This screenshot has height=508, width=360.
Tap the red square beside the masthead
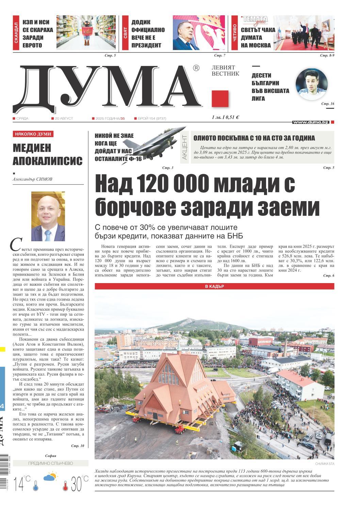[x=220, y=99]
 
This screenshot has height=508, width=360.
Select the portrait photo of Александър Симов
[x=48, y=216]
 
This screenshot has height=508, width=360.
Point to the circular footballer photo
[x=311, y=84]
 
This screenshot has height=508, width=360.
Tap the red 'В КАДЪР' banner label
[x=214, y=286]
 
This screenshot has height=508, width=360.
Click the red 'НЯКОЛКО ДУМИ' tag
[x=33, y=134]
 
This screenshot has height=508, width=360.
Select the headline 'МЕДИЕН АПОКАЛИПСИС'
[x=48, y=154]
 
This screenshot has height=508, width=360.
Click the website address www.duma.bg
[x=310, y=122]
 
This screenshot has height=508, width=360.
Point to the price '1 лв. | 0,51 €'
[x=225, y=117]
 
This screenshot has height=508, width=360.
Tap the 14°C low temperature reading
[x=22, y=484]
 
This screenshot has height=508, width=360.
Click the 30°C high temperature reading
[x=79, y=484]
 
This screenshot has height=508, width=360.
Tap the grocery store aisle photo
[x=86, y=33]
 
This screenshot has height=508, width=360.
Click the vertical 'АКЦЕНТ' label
[x=184, y=147]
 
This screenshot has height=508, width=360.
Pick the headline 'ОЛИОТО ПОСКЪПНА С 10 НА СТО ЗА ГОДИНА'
[x=254, y=138]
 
